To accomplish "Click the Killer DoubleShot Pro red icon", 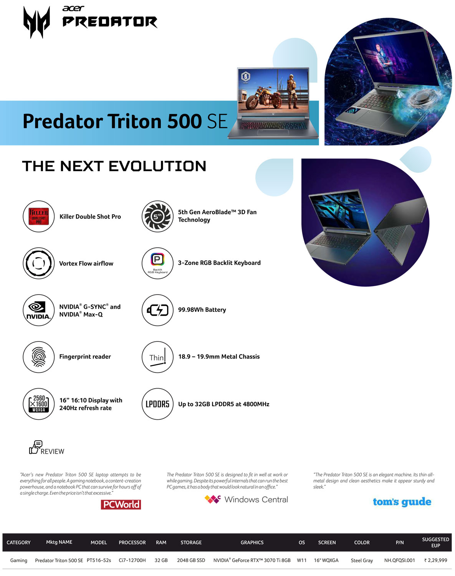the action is [39, 217].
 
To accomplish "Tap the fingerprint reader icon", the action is [39, 357].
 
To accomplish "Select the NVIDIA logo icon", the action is [39, 310].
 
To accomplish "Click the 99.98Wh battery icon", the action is [158, 310].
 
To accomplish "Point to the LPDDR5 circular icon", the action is [158, 404].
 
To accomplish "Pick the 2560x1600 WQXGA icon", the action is [39, 404].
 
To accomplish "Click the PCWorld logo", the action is [121, 505].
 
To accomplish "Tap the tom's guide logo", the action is [402, 502].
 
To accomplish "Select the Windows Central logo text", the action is [256, 500].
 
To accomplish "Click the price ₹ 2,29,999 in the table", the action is [436, 561].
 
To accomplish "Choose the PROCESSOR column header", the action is [132, 543].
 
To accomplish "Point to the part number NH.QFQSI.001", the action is [400, 561].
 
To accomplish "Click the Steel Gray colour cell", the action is [362, 561].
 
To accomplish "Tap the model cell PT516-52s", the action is [99, 561].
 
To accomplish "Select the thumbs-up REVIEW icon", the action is [35, 447].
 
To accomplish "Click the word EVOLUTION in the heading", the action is [157, 166].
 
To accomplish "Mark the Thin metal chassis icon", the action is [158, 357].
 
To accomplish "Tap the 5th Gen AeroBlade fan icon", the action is [158, 217].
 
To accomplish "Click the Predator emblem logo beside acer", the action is [36, 22].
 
